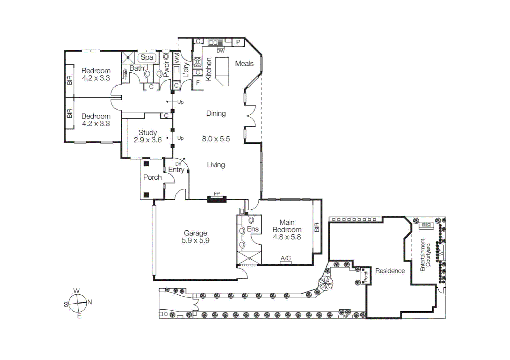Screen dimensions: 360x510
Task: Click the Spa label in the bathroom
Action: point(147,58)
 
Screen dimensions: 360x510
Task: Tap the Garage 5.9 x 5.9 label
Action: point(195,237)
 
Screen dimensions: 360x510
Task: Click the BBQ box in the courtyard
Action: point(427,225)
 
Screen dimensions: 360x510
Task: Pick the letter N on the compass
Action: point(89,302)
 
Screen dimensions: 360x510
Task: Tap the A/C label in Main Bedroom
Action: point(286,258)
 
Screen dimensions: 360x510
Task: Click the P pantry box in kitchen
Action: point(238,42)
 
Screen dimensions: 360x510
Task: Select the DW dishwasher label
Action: point(220,51)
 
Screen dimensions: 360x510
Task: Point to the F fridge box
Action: point(198,83)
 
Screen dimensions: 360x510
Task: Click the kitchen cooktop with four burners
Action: point(197,62)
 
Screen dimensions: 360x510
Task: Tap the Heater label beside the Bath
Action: point(125,74)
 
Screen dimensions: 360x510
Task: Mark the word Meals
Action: point(244,63)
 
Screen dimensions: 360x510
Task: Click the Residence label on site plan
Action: point(390,271)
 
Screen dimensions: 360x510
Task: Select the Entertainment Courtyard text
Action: point(425,255)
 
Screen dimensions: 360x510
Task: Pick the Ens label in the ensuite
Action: point(252,229)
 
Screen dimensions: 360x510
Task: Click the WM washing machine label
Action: point(177,57)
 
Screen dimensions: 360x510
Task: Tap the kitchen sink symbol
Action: point(215,42)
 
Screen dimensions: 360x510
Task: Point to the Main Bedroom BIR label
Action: point(317,227)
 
